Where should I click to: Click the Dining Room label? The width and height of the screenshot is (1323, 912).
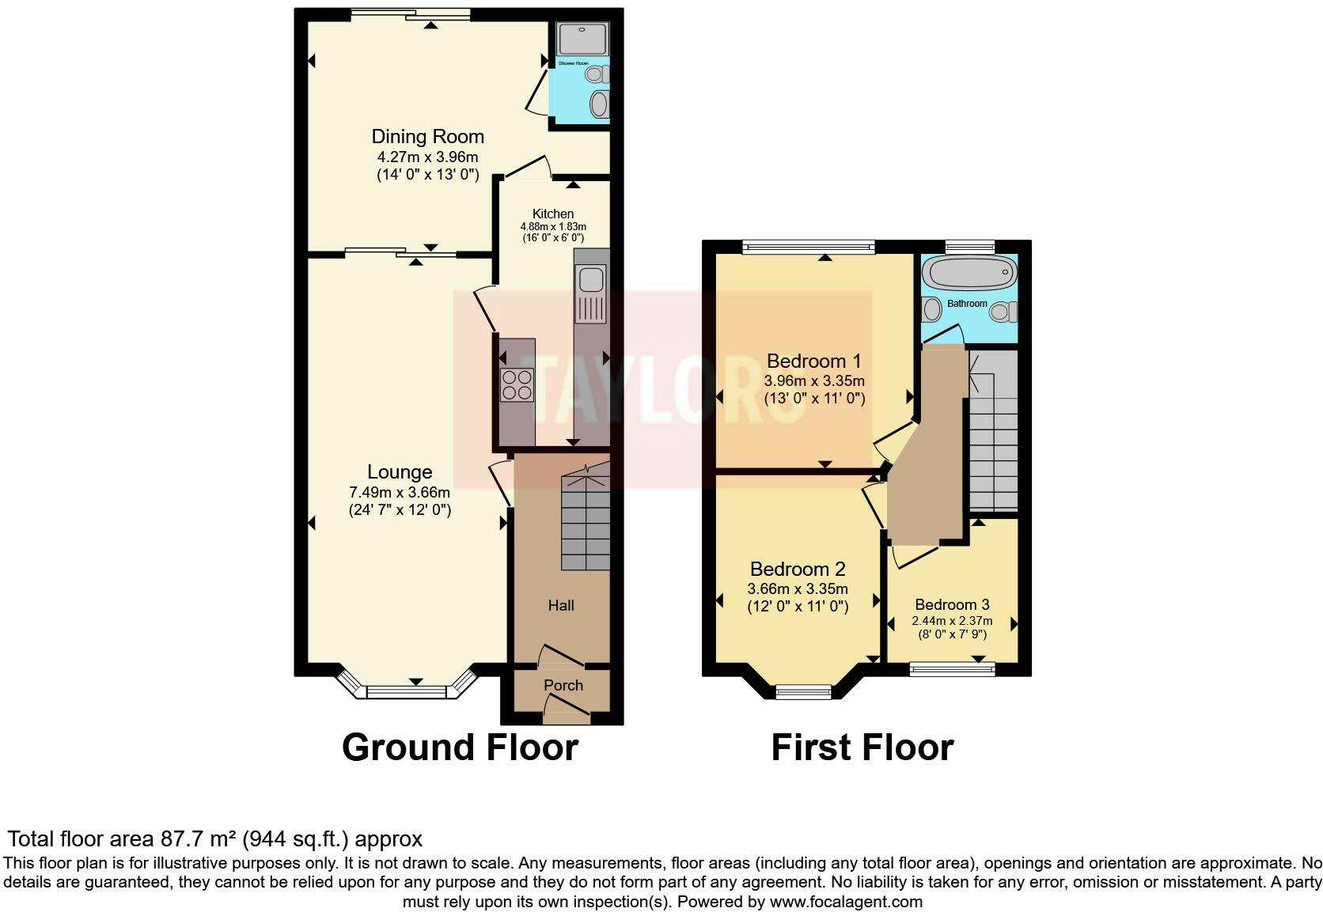(427, 136)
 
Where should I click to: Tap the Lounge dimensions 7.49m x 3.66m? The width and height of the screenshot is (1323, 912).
(399, 492)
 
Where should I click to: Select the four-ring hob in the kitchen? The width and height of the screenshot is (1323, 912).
(517, 385)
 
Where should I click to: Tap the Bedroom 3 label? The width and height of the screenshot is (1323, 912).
(952, 604)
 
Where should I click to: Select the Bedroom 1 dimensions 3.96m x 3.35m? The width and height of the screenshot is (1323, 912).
(813, 380)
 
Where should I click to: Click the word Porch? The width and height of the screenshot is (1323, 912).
(563, 685)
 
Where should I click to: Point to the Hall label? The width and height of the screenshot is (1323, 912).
(561, 605)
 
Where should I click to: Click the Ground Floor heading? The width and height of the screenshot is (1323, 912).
(460, 747)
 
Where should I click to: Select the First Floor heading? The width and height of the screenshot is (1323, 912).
(862, 747)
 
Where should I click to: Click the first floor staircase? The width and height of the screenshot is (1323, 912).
(993, 443)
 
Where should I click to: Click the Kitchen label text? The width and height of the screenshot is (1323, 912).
(553, 214)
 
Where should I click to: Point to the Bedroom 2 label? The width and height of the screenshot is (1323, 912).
(798, 569)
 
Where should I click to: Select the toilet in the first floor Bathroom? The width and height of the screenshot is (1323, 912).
(1003, 312)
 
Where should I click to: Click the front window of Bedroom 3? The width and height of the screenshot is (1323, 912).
(952, 670)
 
